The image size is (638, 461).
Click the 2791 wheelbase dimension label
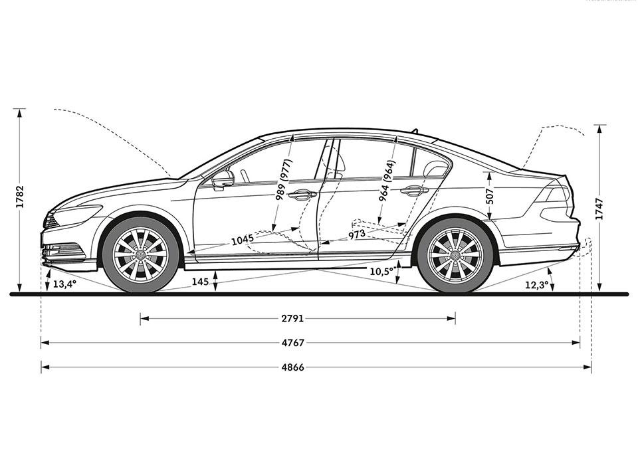coord(292,319)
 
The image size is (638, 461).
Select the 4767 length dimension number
coord(293,343)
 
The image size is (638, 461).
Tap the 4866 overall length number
coord(293,367)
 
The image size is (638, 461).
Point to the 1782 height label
coord(20,197)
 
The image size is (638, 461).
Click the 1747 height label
coord(599,207)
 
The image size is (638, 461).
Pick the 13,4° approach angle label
coord(64,284)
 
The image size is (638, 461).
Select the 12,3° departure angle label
coord(536,285)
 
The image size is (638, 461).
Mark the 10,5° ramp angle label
coord(381,271)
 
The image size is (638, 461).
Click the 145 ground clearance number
coord(200,282)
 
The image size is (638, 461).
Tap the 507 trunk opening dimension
coord(489,195)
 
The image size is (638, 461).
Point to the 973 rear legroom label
coord(358,235)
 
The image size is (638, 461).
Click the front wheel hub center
coord(141,255)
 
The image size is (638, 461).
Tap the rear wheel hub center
coord(455,255)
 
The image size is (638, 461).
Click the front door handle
coord(302,195)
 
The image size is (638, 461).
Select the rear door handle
coord(414,191)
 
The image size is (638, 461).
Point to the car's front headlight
coord(74,215)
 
